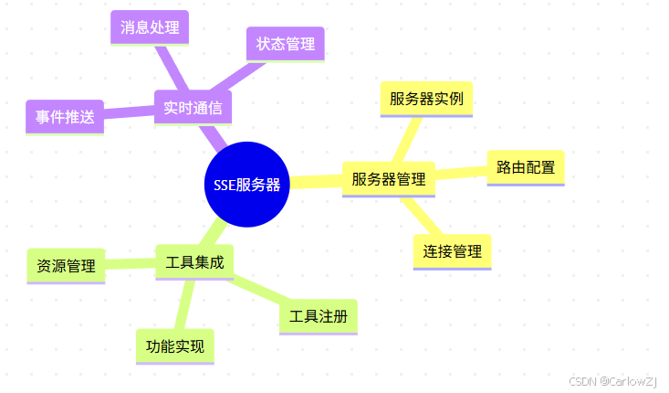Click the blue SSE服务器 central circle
click(246, 184)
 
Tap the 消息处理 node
click(149, 27)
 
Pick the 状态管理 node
click(285, 44)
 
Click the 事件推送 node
click(65, 117)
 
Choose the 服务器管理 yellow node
click(389, 179)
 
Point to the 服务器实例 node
click(426, 99)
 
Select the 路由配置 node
click(526, 167)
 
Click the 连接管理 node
click(452, 250)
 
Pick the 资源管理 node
click(66, 266)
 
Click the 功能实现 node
click(174, 346)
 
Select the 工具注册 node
click(318, 316)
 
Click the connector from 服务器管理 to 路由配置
click(461, 173)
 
